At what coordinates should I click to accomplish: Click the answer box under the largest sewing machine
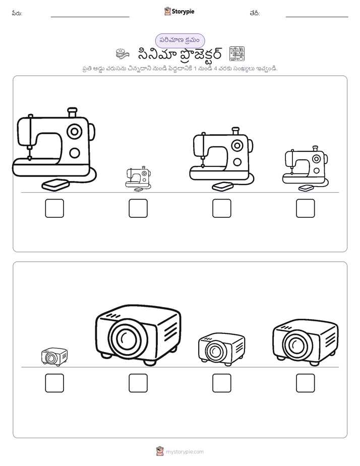coord(54,208)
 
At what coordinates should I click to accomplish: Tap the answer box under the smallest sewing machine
coord(138,208)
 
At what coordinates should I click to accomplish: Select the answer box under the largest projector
coord(138,383)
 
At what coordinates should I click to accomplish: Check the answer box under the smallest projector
coord(54,383)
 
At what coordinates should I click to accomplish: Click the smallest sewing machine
coord(138,179)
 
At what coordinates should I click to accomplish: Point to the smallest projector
coord(54,357)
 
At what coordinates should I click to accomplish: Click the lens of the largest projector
coord(128,337)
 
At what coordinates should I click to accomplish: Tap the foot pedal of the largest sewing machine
coord(55,185)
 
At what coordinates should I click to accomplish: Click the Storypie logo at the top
coord(179,12)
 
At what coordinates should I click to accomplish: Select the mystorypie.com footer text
coord(185,452)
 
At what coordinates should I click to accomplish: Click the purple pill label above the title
coord(180,40)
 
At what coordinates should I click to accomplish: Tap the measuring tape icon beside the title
coord(123,54)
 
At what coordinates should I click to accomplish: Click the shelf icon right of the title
coord(237,54)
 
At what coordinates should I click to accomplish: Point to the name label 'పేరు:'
coord(17,13)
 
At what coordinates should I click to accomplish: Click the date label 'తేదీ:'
coord(255,13)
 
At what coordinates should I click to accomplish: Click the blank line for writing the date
coord(317,17)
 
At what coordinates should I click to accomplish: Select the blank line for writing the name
coord(90,17)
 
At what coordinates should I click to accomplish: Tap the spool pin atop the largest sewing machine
coord(72,112)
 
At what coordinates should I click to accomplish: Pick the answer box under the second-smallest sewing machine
coord(306,208)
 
